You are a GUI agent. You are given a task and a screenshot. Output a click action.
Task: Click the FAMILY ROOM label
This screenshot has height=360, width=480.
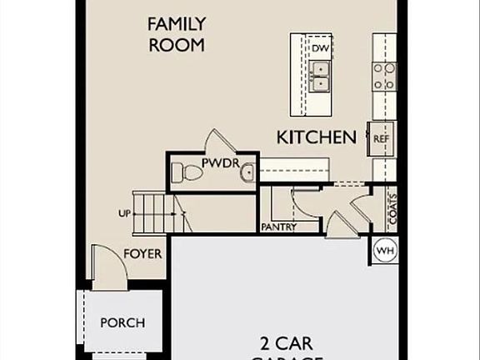pos(176,34)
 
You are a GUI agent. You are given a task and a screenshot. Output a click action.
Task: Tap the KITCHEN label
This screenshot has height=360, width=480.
pos(317,137)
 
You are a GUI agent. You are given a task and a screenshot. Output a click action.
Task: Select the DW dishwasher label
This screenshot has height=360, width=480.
pos(320,48)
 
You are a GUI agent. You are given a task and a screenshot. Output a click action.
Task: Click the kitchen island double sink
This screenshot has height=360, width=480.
pos(320,77)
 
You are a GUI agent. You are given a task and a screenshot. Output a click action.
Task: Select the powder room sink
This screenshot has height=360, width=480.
pos(247,173)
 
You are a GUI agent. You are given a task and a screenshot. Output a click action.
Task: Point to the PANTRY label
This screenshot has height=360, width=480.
pos(278,226)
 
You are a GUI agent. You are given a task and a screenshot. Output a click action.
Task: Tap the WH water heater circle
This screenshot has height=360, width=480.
pos(384,250)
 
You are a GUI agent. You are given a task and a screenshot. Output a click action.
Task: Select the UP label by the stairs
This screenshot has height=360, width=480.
pos(124,213)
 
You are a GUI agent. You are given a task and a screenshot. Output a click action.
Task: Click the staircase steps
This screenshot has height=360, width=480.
pos(157,213)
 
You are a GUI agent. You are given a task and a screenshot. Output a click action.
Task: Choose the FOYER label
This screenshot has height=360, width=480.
pos(143,253)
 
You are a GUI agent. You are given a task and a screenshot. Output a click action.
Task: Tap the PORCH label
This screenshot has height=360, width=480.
pos(122,322)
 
